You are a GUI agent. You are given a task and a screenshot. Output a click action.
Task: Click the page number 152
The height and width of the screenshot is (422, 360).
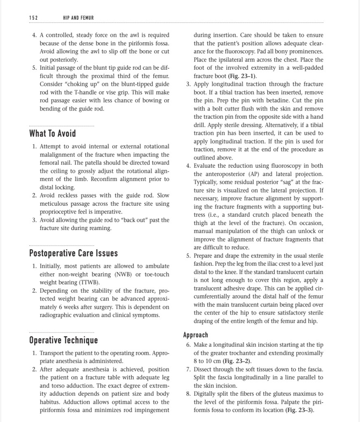[x=33, y=18]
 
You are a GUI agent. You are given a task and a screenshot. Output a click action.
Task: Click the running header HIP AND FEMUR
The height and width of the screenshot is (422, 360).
[x=78, y=18]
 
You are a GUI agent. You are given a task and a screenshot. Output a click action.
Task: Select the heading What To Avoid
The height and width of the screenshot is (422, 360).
[x=52, y=134]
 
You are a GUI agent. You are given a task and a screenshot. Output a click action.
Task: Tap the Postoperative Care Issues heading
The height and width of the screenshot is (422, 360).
[x=73, y=253]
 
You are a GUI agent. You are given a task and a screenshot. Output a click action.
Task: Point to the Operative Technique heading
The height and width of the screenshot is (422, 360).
[x=63, y=340]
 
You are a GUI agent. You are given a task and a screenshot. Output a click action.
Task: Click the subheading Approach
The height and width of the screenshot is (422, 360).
[x=196, y=335]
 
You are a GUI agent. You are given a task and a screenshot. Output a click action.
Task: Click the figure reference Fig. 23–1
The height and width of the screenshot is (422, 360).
[x=244, y=76]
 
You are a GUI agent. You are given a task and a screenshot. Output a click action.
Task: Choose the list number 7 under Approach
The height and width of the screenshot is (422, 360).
[x=188, y=369]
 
